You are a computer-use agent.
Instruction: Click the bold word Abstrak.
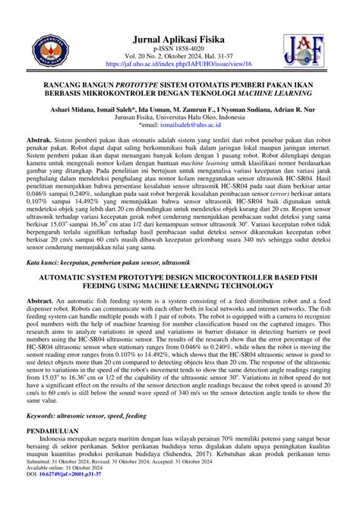[x=39, y=142]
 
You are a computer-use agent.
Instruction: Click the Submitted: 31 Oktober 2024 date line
[x=62, y=481]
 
